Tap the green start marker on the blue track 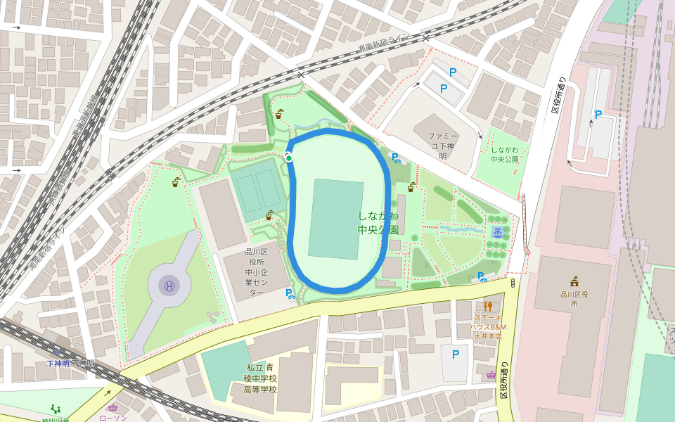pyautogui.click(x=289, y=158)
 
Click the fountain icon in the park pyautogui.click(x=498, y=232)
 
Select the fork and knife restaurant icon pyautogui.click(x=487, y=306)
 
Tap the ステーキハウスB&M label pyautogui.click(x=489, y=327)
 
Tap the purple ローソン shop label pyautogui.click(x=112, y=418)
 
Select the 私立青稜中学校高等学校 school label pyautogui.click(x=260, y=378)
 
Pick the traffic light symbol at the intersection pyautogui.click(x=513, y=283)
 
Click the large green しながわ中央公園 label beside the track pyautogui.click(x=378, y=222)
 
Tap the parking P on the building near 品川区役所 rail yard pyautogui.click(x=598, y=115)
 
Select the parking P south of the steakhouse pyautogui.click(x=456, y=354)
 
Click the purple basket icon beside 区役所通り pyautogui.click(x=490, y=375)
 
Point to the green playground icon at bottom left pyautogui.click(x=56, y=409)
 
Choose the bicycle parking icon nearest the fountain pyautogui.click(x=482, y=277)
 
